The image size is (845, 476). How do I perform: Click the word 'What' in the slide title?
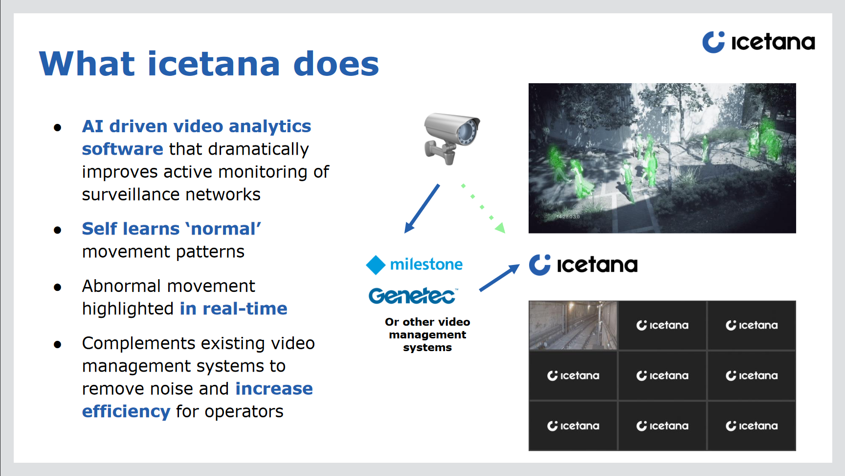pos(87,64)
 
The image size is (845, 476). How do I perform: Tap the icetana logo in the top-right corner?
pos(758,42)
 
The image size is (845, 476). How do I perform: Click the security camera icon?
pos(452,138)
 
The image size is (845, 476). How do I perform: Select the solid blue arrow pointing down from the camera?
pos(422,209)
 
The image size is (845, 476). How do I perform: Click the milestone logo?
pos(414,264)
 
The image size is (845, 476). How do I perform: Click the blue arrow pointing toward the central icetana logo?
pos(499,278)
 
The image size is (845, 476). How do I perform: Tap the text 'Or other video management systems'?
pos(427,335)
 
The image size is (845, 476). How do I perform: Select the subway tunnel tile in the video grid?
pos(573,325)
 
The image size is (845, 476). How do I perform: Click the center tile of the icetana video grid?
pos(663,376)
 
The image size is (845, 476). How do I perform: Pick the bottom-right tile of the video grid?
pos(752,426)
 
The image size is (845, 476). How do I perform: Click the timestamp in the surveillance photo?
pos(568,216)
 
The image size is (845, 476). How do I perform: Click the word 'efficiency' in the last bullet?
pos(126,411)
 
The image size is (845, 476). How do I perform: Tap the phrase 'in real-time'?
pos(234,309)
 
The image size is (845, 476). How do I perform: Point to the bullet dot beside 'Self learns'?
pos(58,230)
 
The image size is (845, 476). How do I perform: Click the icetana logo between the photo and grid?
pos(583,265)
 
